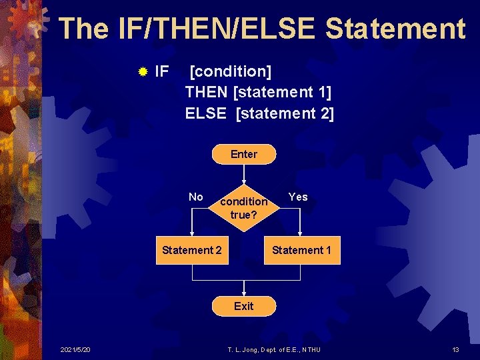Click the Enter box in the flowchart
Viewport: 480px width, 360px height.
tap(243, 154)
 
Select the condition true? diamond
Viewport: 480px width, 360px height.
tap(244, 207)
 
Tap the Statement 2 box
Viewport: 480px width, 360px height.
tap(192, 250)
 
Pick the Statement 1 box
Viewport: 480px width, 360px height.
tap(301, 250)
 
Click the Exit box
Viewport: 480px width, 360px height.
tap(243, 306)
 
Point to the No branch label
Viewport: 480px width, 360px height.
tap(196, 197)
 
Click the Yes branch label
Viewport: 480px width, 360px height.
tap(298, 197)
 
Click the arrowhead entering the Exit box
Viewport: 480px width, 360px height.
tap(244, 293)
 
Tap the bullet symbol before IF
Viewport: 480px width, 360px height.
tap(142, 71)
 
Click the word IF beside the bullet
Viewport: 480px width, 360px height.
tap(161, 71)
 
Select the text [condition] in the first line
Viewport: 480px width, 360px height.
tap(231, 71)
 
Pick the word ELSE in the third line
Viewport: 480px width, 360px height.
tap(205, 113)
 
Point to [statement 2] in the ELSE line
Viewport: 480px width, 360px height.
tap(285, 113)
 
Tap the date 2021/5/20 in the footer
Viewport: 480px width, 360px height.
tap(75, 350)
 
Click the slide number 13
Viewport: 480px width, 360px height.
tap(455, 350)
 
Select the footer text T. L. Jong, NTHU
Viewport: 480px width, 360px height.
tap(274, 350)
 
